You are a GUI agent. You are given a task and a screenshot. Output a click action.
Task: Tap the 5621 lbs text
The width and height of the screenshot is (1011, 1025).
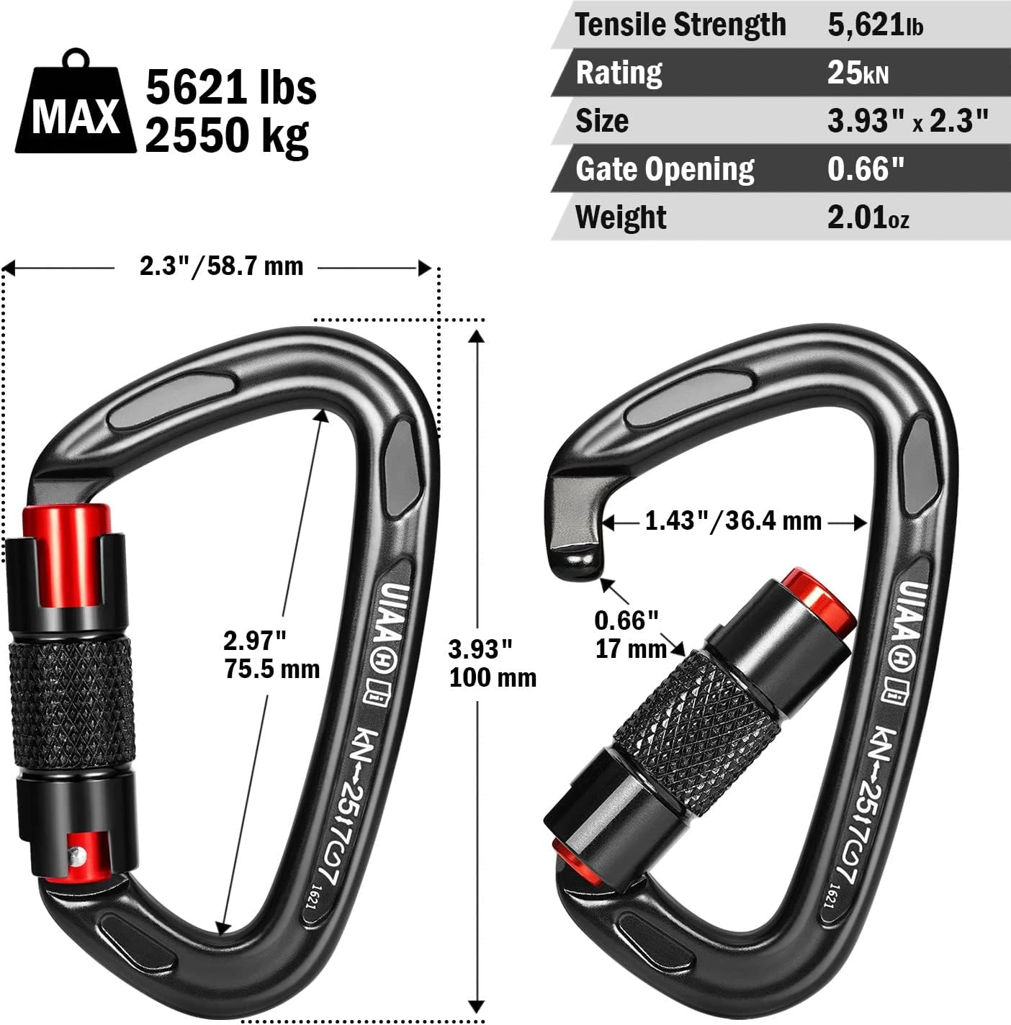(231, 87)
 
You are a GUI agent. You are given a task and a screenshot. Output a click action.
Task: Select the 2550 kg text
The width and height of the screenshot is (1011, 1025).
(227, 135)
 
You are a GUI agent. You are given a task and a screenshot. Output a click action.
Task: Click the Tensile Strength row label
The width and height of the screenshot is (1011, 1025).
(680, 24)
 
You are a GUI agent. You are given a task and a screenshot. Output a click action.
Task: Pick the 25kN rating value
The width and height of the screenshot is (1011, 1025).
(858, 73)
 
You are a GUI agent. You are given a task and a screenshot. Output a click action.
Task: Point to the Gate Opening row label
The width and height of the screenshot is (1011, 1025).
(665, 170)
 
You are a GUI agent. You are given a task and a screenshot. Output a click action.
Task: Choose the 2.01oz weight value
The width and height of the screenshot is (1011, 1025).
(868, 217)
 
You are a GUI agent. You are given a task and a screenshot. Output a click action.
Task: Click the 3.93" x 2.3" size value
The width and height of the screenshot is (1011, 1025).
(907, 121)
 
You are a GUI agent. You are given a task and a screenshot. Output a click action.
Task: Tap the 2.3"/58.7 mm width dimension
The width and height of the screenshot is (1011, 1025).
(222, 266)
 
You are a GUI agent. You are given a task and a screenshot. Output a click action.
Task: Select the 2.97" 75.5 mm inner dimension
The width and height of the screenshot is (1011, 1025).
(271, 655)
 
